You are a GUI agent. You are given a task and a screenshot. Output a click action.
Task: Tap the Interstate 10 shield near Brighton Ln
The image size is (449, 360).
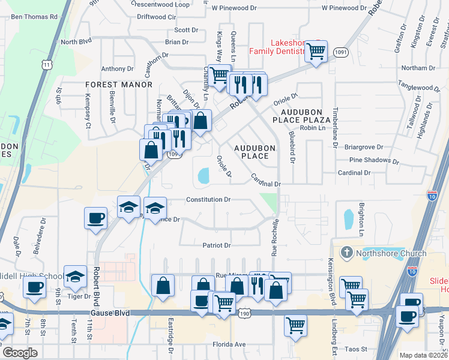(x=432, y=195)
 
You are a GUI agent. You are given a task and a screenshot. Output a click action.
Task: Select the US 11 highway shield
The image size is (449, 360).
(x=47, y=64)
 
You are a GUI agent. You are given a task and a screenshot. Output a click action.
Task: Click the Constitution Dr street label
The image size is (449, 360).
(x=208, y=199)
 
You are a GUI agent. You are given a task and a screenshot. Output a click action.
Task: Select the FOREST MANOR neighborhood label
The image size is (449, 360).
(x=119, y=85)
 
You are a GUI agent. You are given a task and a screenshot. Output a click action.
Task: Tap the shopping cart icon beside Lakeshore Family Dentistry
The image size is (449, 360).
(x=316, y=51)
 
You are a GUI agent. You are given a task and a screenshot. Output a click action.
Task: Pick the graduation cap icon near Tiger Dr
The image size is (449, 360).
(x=75, y=277)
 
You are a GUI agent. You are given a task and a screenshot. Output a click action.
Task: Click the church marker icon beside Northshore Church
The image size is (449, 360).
(x=346, y=253)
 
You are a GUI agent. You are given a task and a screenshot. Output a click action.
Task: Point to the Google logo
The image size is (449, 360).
(x=19, y=353)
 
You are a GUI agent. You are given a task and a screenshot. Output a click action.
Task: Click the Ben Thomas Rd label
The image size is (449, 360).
(x=34, y=17)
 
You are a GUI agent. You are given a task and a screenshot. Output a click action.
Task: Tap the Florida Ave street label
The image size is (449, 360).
(x=229, y=344)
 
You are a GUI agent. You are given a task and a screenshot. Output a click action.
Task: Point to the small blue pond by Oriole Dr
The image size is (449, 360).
(x=202, y=175)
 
